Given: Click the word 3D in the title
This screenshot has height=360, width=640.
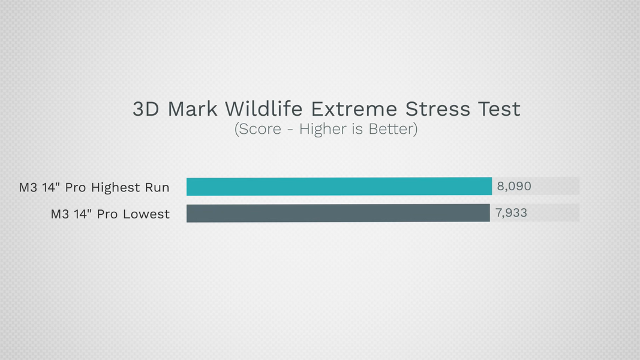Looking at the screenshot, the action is point(146,109).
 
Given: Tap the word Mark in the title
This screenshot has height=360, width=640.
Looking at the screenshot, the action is point(193,109).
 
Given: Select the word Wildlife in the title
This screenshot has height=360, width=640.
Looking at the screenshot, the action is point(264,109).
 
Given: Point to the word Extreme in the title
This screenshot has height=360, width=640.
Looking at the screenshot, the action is point(354,109).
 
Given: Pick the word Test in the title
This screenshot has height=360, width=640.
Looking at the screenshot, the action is point(500,109).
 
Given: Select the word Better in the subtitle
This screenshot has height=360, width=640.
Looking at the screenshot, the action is point(393,129).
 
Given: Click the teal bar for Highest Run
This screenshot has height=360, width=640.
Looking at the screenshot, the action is point(339,187).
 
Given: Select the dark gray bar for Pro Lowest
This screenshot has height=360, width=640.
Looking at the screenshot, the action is point(338,213).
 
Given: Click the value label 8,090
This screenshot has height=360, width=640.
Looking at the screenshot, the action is point(514,186).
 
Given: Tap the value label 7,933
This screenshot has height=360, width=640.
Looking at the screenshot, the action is point(511,212).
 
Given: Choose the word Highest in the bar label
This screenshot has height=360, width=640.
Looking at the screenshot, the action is point(116,187).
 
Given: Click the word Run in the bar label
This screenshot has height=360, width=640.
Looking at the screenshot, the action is point(157,187).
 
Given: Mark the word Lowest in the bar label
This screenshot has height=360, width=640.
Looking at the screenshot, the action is point(146,214).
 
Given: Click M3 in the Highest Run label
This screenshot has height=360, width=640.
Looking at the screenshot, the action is point(28,187).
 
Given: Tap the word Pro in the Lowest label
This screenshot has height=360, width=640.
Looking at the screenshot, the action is point(107,214).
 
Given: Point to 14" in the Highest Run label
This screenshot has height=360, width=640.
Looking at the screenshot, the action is point(51,187).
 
